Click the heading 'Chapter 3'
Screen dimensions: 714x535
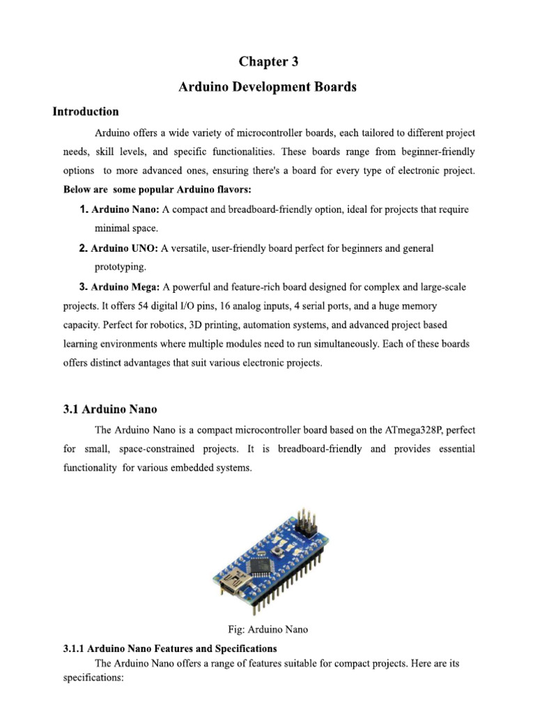pos(268,62)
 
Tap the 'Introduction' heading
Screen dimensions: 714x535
pos(86,112)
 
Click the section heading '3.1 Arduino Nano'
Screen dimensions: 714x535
pos(115,409)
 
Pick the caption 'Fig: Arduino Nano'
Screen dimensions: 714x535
pos(267,629)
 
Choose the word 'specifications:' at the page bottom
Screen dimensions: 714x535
pos(93,677)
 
